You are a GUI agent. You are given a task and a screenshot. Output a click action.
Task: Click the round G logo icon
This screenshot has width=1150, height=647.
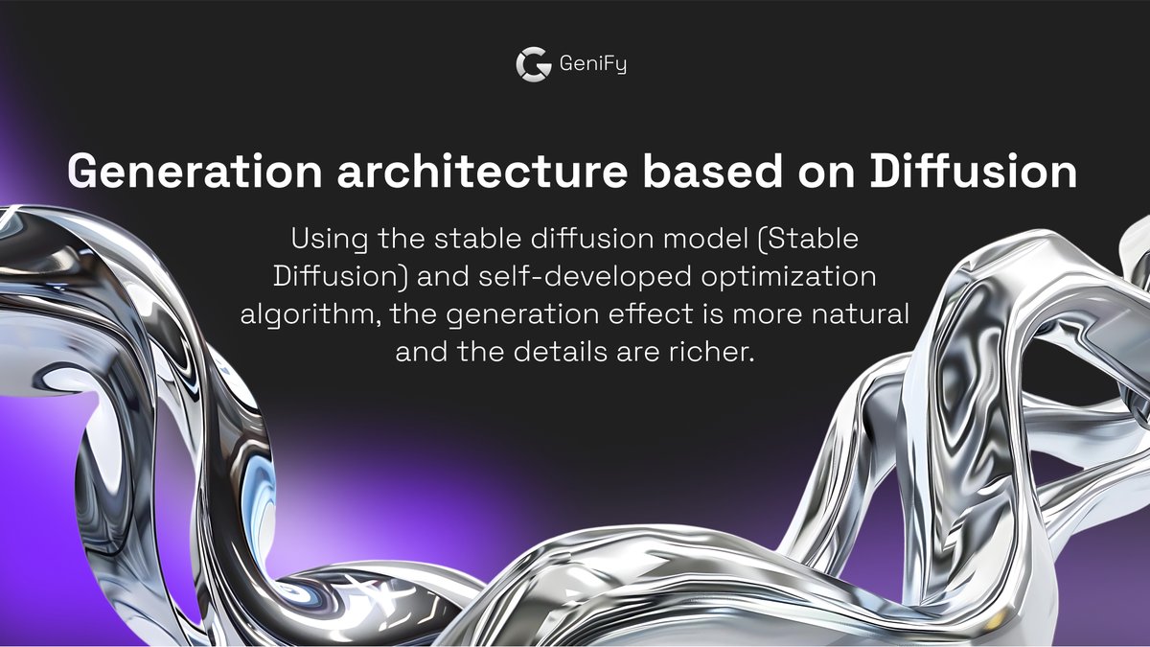pyautogui.click(x=533, y=64)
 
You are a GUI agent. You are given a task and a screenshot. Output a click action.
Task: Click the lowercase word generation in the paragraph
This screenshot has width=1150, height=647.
pyautogui.click(x=516, y=314)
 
